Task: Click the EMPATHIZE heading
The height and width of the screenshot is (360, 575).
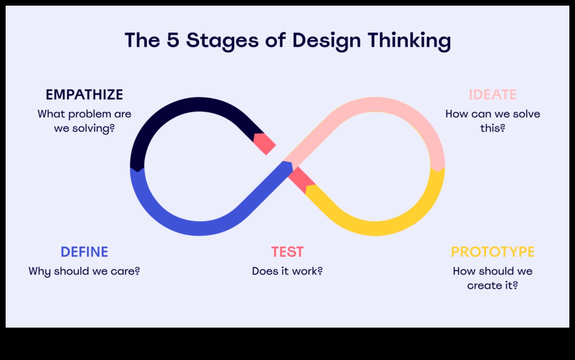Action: point(84,95)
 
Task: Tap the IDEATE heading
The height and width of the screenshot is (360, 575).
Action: point(493,95)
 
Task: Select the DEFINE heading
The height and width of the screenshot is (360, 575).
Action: point(84,252)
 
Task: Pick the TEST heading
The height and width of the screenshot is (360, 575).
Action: point(287,252)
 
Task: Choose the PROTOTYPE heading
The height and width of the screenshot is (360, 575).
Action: point(493,252)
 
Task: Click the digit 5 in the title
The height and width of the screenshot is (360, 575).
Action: point(173,40)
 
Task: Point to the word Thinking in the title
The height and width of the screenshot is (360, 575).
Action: point(409,41)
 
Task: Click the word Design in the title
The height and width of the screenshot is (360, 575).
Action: point(327,41)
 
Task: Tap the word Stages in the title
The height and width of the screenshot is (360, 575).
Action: point(222,41)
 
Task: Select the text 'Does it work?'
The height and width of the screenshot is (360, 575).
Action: point(287,271)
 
